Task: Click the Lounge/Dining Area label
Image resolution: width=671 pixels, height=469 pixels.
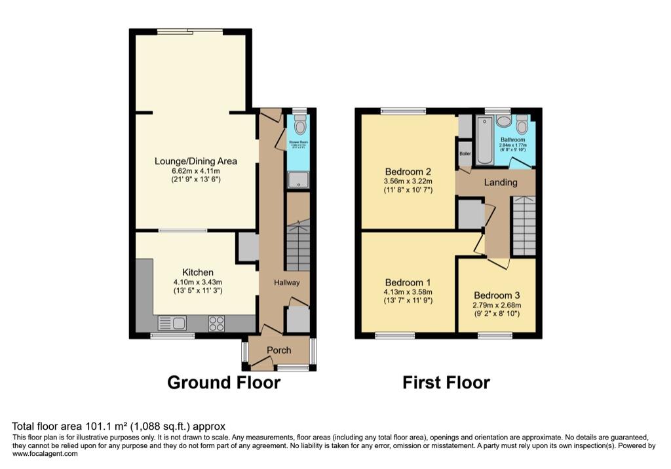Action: (195, 161)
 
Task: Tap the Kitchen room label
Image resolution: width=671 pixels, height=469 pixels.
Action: (197, 272)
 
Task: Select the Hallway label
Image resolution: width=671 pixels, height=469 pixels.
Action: (287, 282)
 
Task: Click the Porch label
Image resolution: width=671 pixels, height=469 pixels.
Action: (278, 350)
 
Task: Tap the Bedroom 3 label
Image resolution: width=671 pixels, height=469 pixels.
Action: (498, 294)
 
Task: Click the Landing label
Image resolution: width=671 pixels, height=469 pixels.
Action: (501, 182)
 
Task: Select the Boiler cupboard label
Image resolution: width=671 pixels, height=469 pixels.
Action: (465, 153)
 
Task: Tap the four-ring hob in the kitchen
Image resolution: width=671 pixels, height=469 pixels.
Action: (217, 323)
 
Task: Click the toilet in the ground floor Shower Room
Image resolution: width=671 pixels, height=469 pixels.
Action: (299, 124)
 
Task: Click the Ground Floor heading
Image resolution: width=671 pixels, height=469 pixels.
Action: (223, 383)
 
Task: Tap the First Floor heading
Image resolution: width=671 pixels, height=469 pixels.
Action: (446, 383)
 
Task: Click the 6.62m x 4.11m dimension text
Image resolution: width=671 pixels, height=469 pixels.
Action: (195, 172)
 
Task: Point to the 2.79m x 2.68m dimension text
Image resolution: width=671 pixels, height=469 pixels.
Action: (498, 305)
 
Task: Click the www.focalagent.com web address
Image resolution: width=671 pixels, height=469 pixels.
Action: (45, 453)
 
